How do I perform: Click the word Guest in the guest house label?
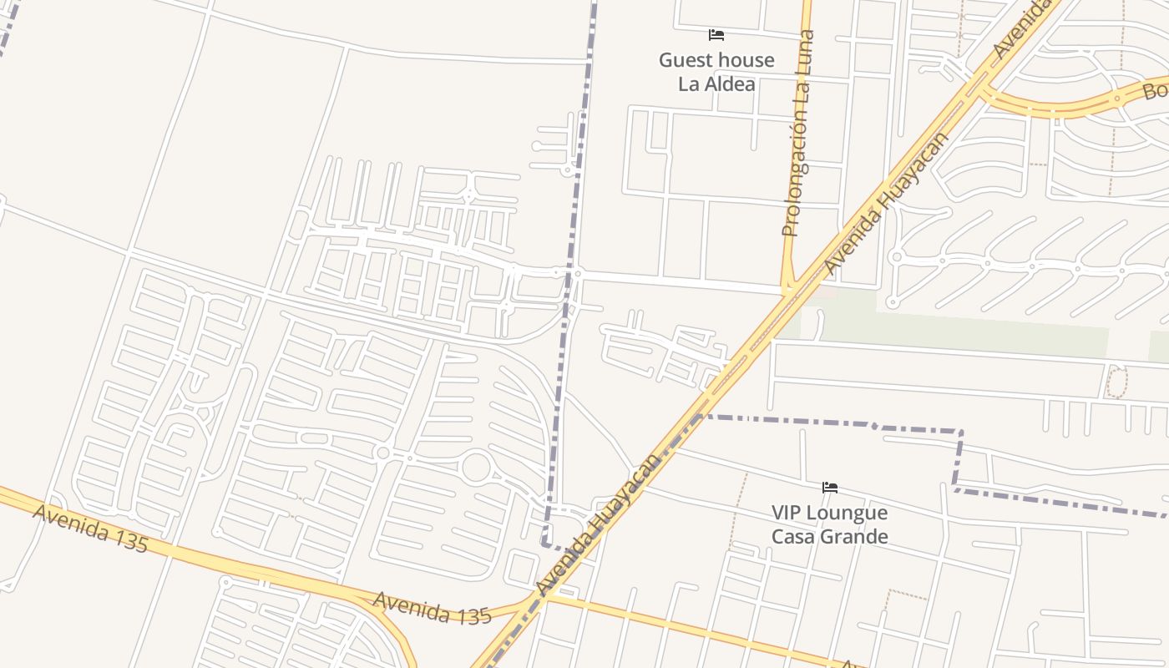(686, 60)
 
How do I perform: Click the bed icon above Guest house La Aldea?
(716, 35)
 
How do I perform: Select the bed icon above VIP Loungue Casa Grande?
(829, 488)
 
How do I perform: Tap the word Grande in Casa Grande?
(858, 536)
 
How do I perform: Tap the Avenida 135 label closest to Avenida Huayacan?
(432, 609)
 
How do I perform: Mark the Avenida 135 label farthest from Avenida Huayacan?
(90, 529)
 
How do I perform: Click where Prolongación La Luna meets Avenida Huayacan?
(789, 291)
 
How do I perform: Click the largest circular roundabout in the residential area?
(476, 467)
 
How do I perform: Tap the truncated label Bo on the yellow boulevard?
(1155, 89)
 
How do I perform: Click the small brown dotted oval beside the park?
(1116, 382)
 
